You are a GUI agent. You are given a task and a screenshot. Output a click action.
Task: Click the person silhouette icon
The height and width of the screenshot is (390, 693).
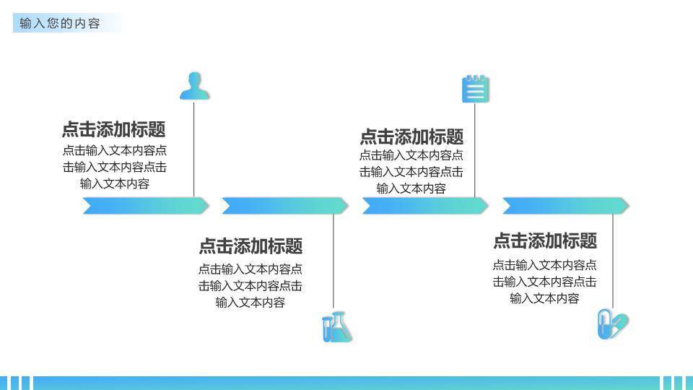pos(194,85)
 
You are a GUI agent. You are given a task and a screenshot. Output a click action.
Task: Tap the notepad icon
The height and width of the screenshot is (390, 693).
pos(475,89)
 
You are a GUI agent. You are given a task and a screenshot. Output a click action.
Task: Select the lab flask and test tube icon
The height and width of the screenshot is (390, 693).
pos(336,327)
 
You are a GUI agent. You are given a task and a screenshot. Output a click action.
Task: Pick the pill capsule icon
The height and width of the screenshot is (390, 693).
pos(613,324)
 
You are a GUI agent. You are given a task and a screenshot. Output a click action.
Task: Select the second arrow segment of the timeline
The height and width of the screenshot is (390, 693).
pos(284,206)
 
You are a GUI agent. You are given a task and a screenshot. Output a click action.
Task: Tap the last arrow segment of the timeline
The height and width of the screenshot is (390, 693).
pos(565,206)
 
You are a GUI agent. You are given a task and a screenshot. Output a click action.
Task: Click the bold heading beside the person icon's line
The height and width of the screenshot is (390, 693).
pos(114,130)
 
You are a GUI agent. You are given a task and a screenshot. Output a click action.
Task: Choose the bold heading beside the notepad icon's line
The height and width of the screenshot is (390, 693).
pos(411,137)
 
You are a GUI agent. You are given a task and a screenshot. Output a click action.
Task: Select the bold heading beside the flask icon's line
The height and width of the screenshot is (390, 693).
pos(250,246)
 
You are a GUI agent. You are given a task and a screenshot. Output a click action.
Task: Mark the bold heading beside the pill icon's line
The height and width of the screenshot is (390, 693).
pos(545,240)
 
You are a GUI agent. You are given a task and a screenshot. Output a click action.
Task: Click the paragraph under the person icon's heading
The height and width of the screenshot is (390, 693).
pos(114,167)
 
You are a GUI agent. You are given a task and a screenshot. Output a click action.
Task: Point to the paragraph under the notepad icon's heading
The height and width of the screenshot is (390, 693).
pos(411,172)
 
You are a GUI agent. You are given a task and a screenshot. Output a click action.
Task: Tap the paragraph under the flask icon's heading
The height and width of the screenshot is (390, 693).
pos(250,285)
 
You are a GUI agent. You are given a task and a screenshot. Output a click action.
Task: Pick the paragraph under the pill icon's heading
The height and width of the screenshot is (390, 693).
pos(545,282)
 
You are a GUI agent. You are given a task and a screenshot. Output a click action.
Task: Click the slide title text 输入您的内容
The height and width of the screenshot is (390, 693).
pos(60,23)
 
